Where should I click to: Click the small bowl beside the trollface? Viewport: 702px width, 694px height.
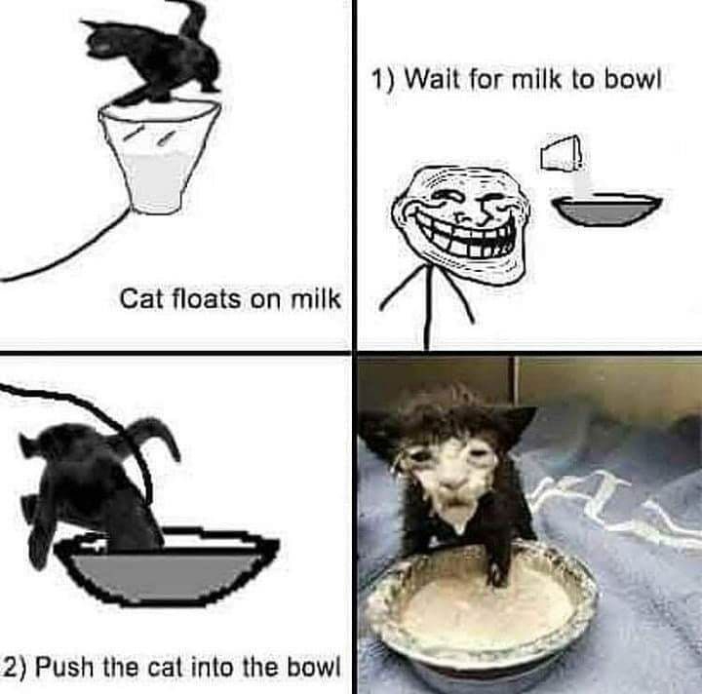click(x=606, y=210)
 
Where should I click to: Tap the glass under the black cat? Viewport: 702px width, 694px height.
click(x=159, y=155)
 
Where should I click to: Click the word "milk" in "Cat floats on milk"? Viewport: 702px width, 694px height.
click(x=316, y=298)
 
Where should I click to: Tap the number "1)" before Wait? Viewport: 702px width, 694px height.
click(x=384, y=81)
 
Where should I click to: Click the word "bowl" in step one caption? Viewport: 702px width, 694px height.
click(x=633, y=80)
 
